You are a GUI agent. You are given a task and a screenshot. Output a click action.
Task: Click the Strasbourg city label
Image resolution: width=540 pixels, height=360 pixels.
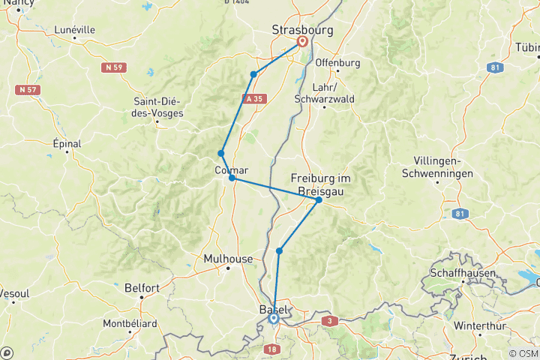coord(301,30)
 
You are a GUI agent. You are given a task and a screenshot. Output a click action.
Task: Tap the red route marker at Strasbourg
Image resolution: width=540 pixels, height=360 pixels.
coord(302,42)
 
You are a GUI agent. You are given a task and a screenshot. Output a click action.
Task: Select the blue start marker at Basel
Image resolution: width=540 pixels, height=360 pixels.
coord(274,319)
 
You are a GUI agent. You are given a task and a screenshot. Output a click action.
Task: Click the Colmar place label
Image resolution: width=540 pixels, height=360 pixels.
coord(231,169)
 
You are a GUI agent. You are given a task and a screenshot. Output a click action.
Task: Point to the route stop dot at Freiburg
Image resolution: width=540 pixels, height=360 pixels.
coord(319,199)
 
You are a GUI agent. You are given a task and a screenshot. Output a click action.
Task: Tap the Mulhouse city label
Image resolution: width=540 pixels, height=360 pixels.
coord(228,259)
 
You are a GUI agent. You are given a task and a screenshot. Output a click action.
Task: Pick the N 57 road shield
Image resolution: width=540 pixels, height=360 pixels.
coord(28,89)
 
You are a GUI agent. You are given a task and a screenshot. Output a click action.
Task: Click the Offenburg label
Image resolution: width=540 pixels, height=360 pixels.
coord(338,62)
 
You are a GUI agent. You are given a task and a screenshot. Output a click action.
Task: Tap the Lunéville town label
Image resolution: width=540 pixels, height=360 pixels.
coord(75,30)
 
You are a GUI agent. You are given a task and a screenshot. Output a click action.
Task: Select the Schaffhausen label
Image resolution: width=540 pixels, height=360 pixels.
coord(463,273)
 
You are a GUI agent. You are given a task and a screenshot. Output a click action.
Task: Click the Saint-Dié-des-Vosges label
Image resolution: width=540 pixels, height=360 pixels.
coord(160,108)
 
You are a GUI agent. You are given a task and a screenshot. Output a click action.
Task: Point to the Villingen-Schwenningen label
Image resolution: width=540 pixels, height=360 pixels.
coord(446,168)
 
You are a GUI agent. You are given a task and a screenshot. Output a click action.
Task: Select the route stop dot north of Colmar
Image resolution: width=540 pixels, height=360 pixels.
coord(221,153)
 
